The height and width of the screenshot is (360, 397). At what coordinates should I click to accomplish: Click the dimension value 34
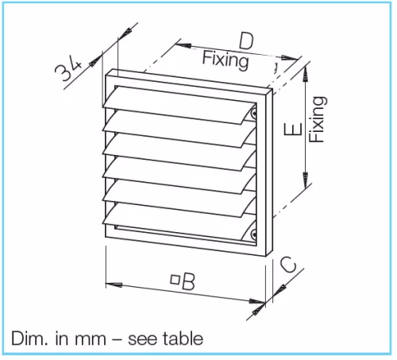[68, 69]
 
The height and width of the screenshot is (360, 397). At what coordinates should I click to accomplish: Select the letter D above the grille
[246, 41]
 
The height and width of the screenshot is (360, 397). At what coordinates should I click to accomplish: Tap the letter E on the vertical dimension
[293, 129]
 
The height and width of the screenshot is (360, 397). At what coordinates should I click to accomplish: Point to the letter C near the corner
[288, 264]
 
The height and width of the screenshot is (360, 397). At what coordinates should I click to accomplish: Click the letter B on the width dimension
[188, 281]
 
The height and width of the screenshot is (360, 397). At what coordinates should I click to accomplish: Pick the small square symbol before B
[175, 280]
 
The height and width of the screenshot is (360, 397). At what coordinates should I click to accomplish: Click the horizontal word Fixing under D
[225, 61]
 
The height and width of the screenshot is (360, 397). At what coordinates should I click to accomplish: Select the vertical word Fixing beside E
[318, 119]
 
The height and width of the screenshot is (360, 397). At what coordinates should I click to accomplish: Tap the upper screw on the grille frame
[253, 114]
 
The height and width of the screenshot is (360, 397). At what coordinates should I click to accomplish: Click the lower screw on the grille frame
[253, 234]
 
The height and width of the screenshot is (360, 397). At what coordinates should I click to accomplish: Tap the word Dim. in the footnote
[29, 339]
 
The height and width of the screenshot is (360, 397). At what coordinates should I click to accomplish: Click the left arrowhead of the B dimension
[114, 285]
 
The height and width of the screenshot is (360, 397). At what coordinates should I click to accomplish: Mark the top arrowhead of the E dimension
[306, 73]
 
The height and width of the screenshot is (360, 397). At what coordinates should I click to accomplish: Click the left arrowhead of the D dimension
[183, 45]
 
